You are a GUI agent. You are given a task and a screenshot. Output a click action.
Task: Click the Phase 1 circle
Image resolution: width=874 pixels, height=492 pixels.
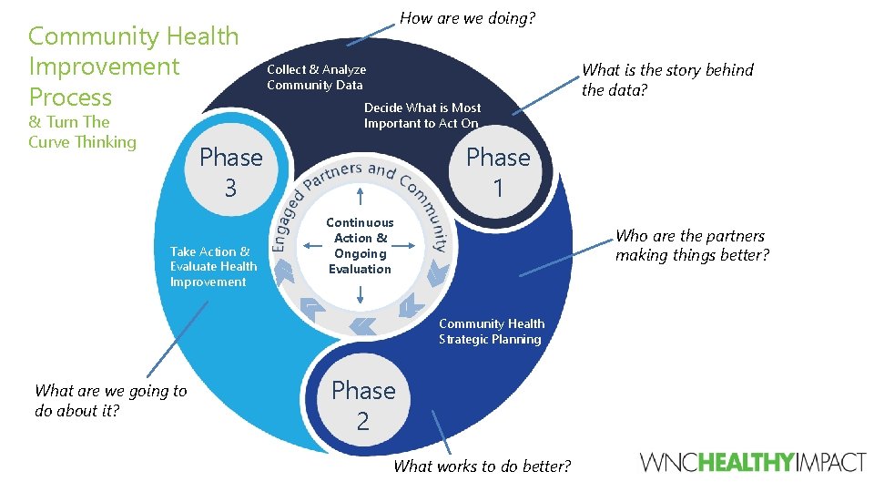pyautogui.click(x=497, y=172)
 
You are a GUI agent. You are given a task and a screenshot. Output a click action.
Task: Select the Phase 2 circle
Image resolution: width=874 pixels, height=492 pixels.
pyautogui.click(x=363, y=405)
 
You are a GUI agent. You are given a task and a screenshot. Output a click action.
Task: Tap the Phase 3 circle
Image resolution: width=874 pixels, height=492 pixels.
pyautogui.click(x=230, y=172)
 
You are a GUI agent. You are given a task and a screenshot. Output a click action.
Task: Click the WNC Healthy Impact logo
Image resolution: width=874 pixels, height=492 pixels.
pyautogui.click(x=753, y=462)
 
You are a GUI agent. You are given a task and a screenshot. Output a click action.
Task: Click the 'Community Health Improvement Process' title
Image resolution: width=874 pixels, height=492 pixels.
pyautogui.click(x=133, y=67)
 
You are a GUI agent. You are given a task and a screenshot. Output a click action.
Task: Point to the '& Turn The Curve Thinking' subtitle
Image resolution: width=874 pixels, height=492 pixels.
pyautogui.click(x=82, y=132)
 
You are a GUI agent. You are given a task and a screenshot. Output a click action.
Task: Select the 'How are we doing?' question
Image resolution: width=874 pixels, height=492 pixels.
pyautogui.click(x=468, y=18)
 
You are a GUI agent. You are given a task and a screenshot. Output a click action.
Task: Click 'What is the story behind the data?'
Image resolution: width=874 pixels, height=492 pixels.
pyautogui.click(x=667, y=79)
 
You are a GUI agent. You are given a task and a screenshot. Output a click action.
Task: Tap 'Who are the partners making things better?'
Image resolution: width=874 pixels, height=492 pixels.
pyautogui.click(x=692, y=246)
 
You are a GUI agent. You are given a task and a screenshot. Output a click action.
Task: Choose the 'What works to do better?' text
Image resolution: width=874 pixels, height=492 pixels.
pyautogui.click(x=483, y=466)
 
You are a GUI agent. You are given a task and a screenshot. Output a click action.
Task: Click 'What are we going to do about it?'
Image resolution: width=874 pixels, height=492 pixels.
pyautogui.click(x=110, y=400)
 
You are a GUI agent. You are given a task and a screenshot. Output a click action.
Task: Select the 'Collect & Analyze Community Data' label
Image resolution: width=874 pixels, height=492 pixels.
pyautogui.click(x=316, y=77)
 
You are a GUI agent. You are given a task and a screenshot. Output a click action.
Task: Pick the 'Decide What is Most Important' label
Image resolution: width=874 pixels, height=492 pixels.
pyautogui.click(x=422, y=116)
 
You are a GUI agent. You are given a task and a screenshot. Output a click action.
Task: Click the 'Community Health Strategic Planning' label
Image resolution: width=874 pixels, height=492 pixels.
pyautogui.click(x=492, y=332)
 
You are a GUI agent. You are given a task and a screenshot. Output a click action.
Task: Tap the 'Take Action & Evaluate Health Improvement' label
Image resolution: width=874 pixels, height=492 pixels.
pyautogui.click(x=213, y=267)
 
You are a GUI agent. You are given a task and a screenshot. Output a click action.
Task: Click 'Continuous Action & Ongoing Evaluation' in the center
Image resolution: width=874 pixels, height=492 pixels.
pyautogui.click(x=361, y=246)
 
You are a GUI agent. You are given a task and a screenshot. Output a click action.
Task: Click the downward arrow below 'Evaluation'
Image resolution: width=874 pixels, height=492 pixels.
pyautogui.click(x=361, y=292)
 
